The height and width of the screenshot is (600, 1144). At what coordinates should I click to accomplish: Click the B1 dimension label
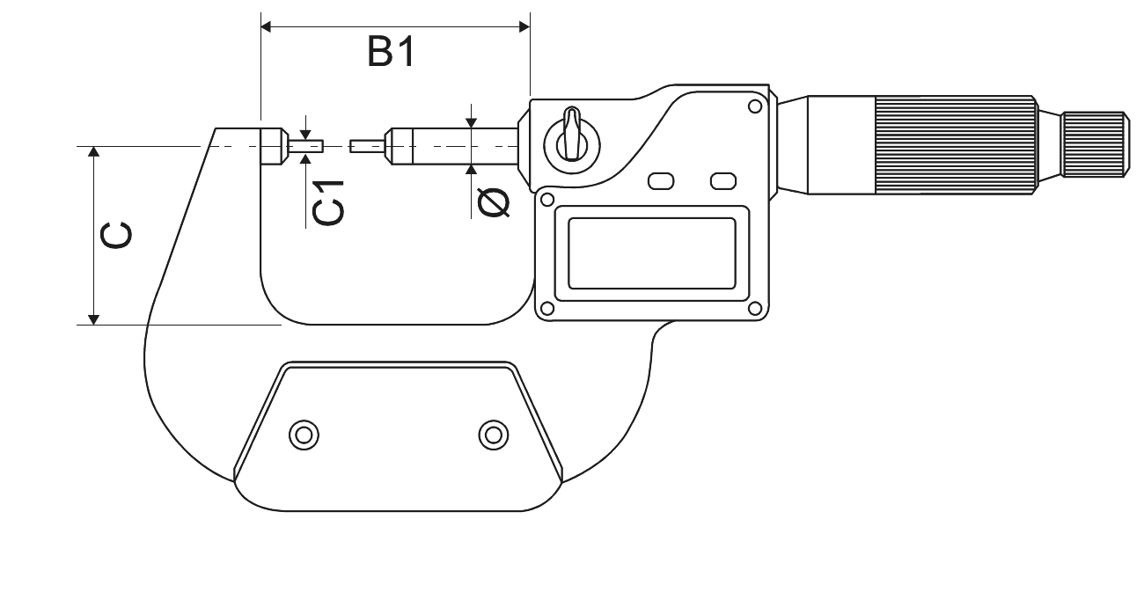[x=392, y=52]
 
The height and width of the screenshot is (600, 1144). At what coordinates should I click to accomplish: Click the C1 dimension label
[x=328, y=202]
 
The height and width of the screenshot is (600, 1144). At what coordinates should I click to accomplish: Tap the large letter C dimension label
[x=116, y=236]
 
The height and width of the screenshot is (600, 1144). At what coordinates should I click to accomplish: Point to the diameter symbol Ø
[x=494, y=202]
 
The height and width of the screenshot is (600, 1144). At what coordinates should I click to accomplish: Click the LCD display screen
[x=652, y=253]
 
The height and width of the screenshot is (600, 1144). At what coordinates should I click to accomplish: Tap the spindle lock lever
[x=572, y=135]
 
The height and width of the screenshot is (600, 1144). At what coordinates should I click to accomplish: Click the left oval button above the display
[x=661, y=181]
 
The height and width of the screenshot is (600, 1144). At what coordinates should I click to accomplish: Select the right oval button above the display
[x=723, y=181]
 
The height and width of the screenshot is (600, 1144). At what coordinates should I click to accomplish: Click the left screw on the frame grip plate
[x=304, y=435]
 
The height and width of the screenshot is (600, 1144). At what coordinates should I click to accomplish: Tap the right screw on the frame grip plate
[x=494, y=435]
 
